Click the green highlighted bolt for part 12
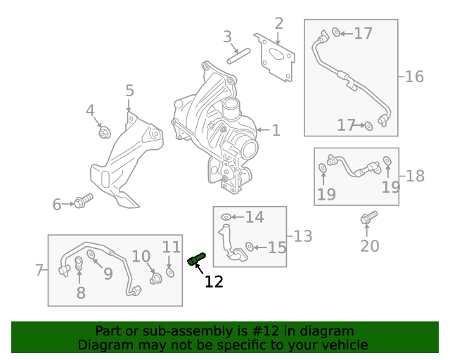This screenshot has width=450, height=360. (196, 259)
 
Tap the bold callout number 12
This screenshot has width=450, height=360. (214, 282)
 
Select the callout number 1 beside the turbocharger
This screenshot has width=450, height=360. (276, 130)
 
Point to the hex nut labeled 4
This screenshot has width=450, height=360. (105, 132)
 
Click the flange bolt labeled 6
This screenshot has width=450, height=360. (83, 201)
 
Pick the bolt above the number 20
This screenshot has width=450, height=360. (368, 217)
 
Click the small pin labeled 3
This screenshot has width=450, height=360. (238, 56)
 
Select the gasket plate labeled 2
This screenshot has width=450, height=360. (275, 58)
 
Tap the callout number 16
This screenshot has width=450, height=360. (414, 77)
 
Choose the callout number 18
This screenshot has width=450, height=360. (415, 176)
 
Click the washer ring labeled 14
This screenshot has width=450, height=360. (226, 217)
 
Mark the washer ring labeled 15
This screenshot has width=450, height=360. (250, 246)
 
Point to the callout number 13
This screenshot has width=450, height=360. (303, 236)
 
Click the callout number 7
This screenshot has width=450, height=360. (39, 270)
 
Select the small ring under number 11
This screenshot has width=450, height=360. (170, 272)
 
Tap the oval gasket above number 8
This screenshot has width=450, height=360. (79, 264)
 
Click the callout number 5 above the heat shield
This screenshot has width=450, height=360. (129, 91)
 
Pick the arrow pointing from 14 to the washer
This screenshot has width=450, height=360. (237, 217)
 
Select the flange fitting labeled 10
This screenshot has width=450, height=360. (156, 278)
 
